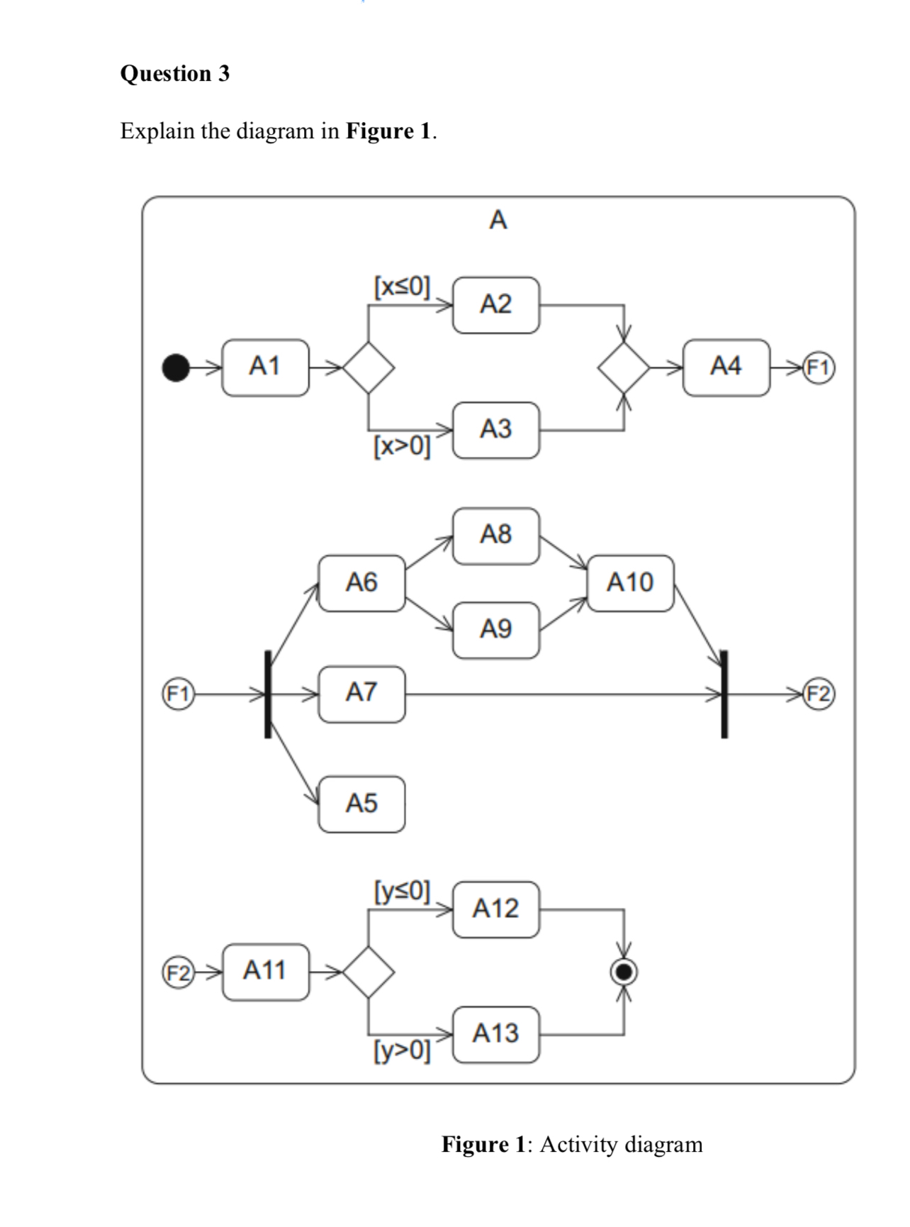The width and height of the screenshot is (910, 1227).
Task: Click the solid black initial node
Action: click(176, 367)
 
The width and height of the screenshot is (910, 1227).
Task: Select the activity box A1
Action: click(265, 367)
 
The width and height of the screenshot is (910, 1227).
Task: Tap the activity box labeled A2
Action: click(495, 305)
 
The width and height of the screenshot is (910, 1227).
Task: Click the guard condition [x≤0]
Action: click(402, 287)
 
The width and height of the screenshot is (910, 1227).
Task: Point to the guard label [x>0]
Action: click(402, 446)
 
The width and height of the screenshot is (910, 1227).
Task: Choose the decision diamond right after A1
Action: click(369, 367)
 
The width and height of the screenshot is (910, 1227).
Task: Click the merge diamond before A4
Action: click(623, 367)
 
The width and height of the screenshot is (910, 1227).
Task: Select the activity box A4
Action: click(726, 367)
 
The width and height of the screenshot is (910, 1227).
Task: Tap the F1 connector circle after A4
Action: click(819, 367)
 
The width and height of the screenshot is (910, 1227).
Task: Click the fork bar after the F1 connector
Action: click(268, 694)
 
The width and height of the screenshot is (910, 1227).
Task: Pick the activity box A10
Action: click(630, 583)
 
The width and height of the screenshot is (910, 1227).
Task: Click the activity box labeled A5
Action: click(361, 804)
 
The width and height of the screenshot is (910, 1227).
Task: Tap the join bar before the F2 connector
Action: click(724, 694)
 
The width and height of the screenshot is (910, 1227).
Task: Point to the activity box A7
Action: click(361, 693)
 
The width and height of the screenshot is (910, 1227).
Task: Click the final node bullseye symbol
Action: click(624, 971)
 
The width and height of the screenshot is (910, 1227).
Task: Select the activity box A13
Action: click(495, 1034)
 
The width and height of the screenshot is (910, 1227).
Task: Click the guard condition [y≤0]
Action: click(402, 890)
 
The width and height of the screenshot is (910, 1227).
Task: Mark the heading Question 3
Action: click(175, 73)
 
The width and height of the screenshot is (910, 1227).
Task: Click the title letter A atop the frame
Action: click(498, 221)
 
